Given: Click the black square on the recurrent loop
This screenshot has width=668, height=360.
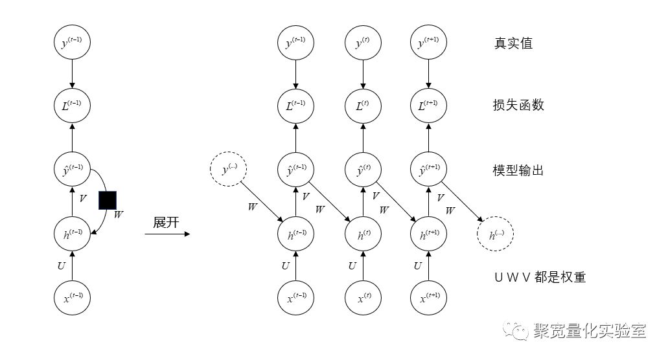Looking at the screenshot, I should [108, 200].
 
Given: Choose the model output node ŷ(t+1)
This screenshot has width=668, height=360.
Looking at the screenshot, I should [428, 171].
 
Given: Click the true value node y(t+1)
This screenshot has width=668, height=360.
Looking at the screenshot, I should [428, 44].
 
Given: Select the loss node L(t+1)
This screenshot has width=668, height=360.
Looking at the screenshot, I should [428, 104].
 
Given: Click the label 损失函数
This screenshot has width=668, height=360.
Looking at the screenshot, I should [519, 104].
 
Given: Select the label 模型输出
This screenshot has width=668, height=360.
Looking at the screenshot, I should [519, 171].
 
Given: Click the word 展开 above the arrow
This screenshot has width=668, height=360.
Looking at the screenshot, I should [166, 221].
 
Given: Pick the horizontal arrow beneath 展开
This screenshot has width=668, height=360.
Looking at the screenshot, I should [167, 234].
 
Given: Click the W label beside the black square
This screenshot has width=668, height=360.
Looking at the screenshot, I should [118, 214].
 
